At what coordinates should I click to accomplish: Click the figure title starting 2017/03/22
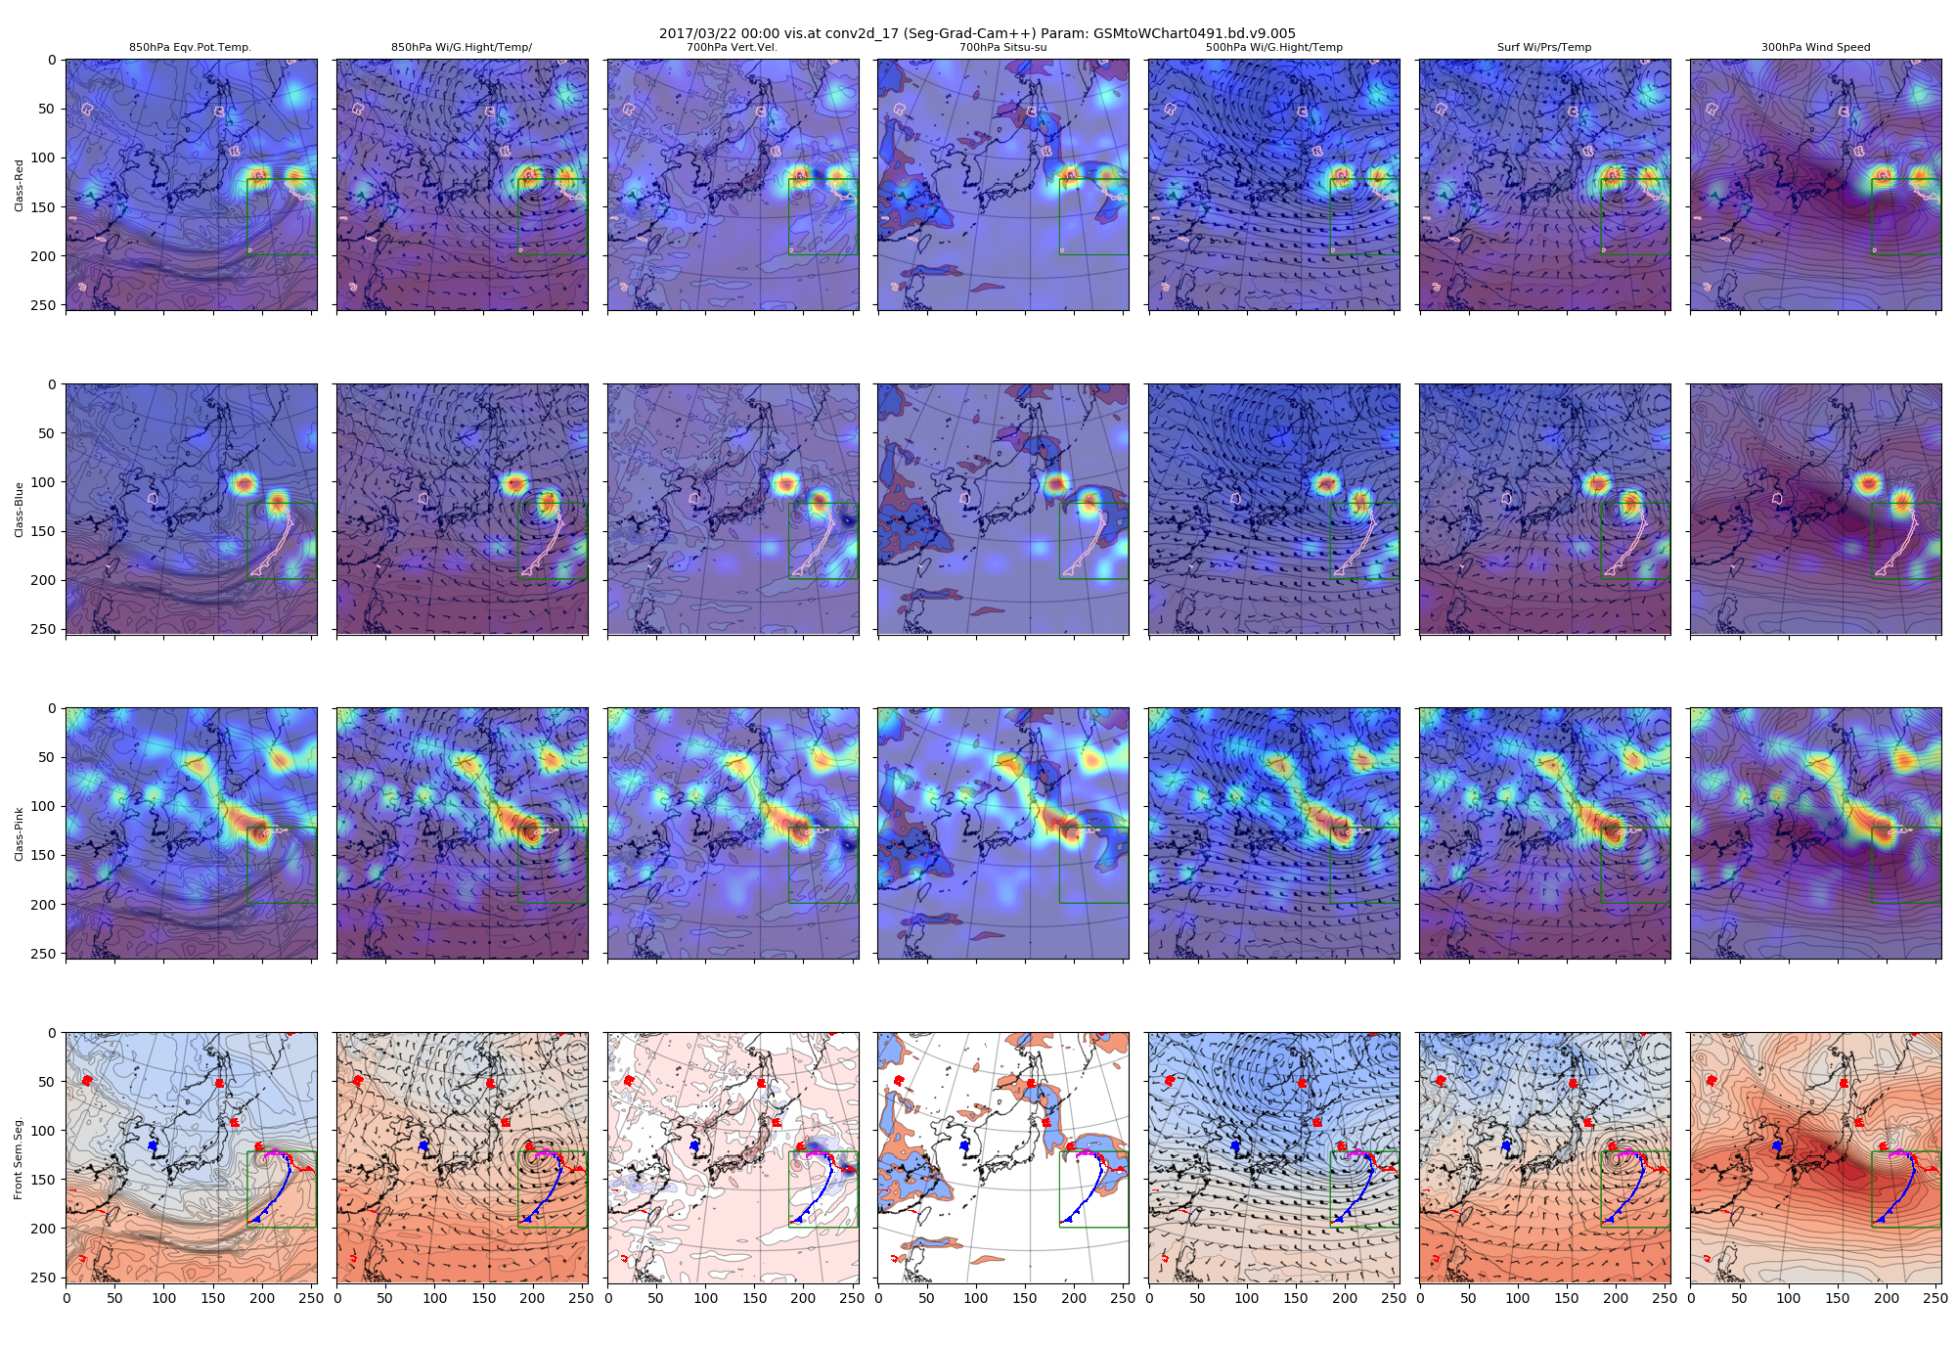pos(977,33)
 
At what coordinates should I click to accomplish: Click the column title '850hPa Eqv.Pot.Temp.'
pos(191,47)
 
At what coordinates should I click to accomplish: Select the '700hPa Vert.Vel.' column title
pos(733,47)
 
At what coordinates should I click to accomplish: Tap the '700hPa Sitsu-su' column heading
pos(1002,47)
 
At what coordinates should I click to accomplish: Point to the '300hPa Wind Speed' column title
pos(1815,47)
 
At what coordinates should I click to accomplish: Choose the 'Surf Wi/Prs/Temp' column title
pos(1544,47)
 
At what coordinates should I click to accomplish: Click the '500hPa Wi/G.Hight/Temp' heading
pos(1273,47)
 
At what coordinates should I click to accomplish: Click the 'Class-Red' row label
pos(19,185)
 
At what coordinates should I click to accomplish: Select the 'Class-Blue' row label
pos(19,509)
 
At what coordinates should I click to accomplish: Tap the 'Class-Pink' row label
pos(19,833)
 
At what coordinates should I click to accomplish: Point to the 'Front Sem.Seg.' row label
pos(19,1158)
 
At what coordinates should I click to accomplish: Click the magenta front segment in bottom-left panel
pos(274,1152)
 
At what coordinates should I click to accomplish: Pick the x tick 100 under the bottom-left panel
pos(164,1298)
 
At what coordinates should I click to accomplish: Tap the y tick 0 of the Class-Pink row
pos(52,709)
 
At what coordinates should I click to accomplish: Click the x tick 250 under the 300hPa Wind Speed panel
pos(1934,1298)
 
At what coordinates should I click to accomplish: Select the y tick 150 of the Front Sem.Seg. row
pos(46,1180)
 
